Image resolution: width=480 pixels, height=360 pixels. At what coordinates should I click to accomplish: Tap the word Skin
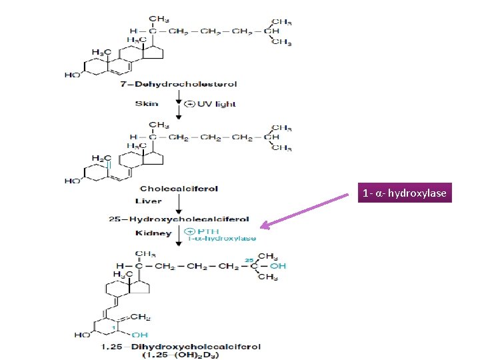[x=146, y=103]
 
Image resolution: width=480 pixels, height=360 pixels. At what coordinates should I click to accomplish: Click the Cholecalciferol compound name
[x=179, y=189]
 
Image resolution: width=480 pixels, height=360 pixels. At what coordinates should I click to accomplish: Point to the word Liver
[x=148, y=201]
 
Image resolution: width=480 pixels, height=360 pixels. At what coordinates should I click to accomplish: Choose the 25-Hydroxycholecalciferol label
[x=179, y=219]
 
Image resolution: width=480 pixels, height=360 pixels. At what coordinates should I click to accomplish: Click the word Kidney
[x=153, y=233]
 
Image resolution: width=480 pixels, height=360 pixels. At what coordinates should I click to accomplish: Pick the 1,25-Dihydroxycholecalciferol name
[x=181, y=347]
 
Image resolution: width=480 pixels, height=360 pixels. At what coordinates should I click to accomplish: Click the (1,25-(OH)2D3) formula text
[x=181, y=355]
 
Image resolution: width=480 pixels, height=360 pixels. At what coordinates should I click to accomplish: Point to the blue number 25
[x=248, y=259]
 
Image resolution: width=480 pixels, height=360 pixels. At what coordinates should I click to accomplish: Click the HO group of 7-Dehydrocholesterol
[x=72, y=75]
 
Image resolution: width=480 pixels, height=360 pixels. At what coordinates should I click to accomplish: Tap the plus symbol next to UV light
[x=190, y=103]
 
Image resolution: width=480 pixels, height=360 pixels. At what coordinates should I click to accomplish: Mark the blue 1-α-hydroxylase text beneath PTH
[x=221, y=238]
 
